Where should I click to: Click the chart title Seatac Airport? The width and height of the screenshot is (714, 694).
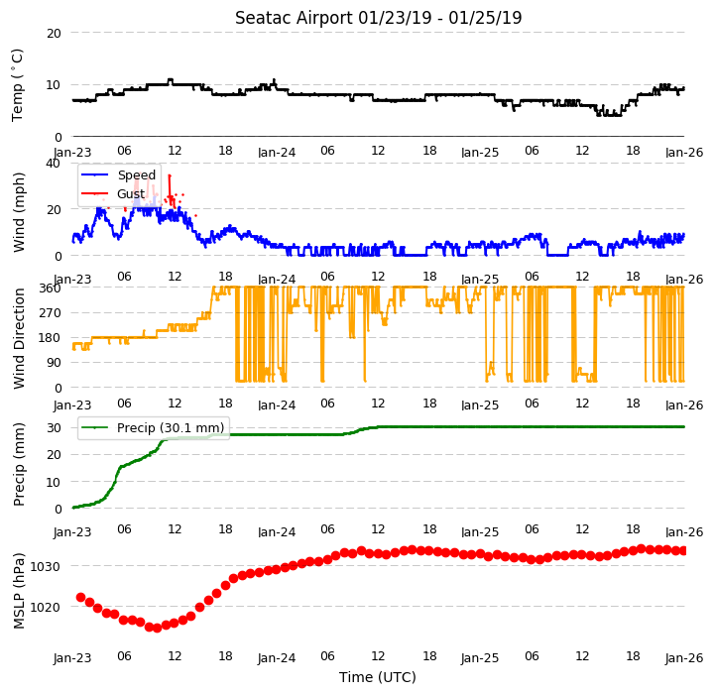tap(294, 18)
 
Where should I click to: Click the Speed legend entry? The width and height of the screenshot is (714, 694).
tap(118, 174)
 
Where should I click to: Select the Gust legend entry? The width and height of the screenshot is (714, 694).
tap(113, 194)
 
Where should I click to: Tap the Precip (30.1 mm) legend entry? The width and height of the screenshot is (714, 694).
tap(153, 427)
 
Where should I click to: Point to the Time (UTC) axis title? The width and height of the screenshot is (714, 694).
tap(378, 677)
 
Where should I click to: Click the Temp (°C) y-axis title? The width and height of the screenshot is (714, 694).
tap(17, 85)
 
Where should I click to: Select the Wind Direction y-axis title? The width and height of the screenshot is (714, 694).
tap(19, 338)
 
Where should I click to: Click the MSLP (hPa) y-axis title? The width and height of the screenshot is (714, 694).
tap(19, 591)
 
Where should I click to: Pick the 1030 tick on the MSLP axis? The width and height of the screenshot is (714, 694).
tap(45, 567)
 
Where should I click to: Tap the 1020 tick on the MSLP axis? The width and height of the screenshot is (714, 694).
tap(45, 608)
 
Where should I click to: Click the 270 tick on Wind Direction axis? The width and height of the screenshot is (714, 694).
tap(51, 313)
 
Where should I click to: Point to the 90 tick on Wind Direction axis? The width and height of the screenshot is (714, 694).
tap(55, 363)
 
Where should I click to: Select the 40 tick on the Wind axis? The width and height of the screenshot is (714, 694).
tap(54, 163)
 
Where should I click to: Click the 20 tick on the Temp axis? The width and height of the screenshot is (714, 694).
tap(54, 34)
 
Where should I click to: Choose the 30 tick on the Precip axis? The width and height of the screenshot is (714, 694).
tap(54, 428)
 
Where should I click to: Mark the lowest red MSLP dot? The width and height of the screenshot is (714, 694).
tap(157, 628)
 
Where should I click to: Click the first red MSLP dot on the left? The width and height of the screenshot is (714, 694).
tap(81, 597)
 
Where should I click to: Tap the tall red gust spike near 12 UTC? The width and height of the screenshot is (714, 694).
tap(170, 191)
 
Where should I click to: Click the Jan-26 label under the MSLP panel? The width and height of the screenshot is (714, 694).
tap(684, 658)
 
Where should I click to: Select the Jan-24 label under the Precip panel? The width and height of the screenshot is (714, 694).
tap(277, 531)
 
